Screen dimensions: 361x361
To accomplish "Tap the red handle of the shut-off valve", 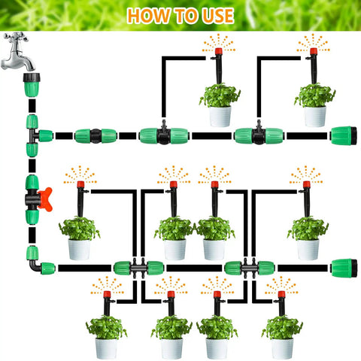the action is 46,199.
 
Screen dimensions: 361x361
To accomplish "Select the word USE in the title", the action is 218,16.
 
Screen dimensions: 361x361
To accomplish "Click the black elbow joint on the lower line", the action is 35,266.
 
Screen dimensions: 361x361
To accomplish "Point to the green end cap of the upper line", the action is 344,136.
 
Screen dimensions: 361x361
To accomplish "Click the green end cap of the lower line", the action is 344,268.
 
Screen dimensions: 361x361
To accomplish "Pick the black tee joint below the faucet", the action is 33,135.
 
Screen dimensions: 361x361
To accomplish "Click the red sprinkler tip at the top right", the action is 314,51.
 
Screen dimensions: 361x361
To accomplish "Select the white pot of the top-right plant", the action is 315,117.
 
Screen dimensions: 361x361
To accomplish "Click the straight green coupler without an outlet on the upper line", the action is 96,136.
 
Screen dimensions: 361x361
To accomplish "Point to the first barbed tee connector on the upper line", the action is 164,135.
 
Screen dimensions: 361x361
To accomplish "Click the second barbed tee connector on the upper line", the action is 259,135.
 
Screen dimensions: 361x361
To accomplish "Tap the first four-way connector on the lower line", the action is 138,268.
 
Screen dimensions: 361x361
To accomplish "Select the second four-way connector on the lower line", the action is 250,268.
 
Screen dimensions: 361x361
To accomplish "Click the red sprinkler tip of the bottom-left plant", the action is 107,294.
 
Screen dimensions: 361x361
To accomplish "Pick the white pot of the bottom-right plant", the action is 282,348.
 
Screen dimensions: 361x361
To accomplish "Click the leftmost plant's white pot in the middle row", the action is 79,250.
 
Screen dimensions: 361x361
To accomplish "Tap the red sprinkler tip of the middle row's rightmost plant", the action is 306,184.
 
